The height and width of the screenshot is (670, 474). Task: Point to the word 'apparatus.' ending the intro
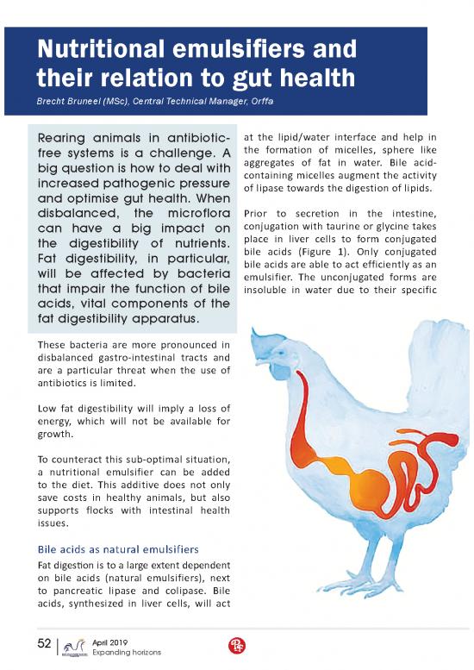click(164, 321)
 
